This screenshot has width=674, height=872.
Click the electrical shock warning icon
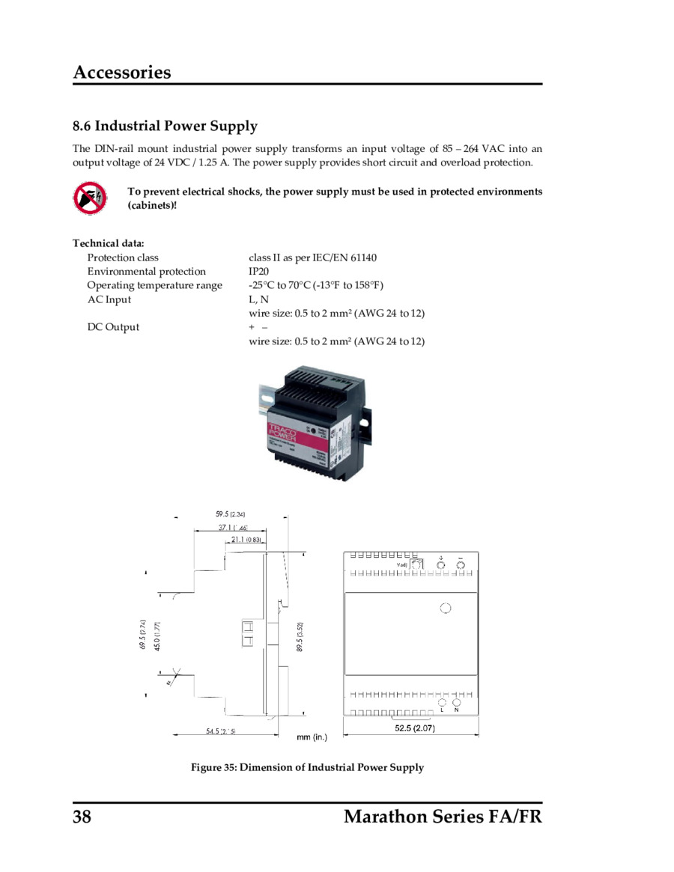[x=90, y=198]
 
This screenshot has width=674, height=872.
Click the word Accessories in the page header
[x=122, y=73]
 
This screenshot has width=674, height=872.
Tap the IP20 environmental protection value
[x=259, y=272]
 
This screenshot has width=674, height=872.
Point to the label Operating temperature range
[x=154, y=285]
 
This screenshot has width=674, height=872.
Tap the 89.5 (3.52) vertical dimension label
[x=300, y=636]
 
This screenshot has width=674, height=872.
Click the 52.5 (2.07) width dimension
[x=415, y=728]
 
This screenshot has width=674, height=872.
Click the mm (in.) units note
[x=312, y=737]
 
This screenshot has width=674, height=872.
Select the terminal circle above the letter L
[x=443, y=703]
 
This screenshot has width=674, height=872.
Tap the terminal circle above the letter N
[x=456, y=703]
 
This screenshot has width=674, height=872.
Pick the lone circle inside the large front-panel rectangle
[x=446, y=608]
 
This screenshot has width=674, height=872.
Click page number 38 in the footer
[x=82, y=816]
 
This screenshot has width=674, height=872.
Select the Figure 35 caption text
[x=307, y=767]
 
